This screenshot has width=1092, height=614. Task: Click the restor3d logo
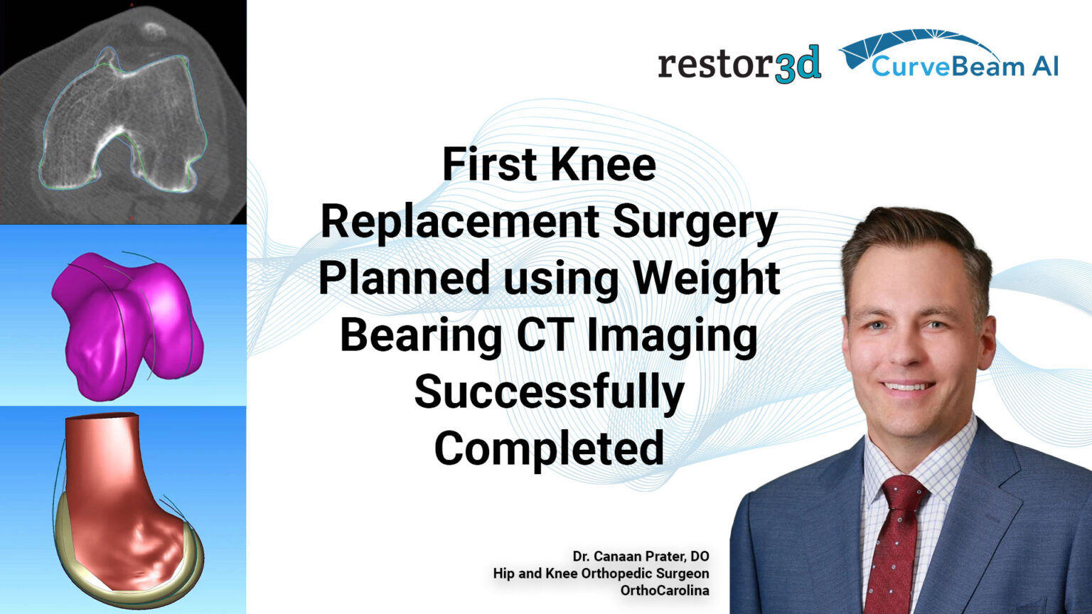tap(739, 64)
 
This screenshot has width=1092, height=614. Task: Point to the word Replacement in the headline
tap(459, 221)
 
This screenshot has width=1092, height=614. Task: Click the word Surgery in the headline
tap(695, 221)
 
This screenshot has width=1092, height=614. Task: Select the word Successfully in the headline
tap(549, 392)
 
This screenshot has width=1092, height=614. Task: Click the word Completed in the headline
tap(549, 448)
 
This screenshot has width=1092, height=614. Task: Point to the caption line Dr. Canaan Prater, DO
tap(641, 556)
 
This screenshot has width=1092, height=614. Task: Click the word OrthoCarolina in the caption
tap(664, 591)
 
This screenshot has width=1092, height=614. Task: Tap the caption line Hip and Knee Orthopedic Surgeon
tap(601, 573)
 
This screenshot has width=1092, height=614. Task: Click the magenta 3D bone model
tap(128, 320)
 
